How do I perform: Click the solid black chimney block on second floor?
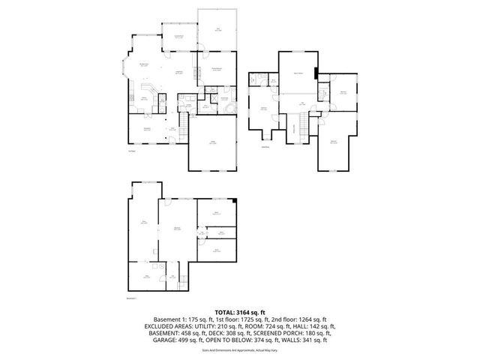[x=317, y=73]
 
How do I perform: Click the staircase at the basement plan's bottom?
[x=174, y=277]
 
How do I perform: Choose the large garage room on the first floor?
[x=213, y=145]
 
